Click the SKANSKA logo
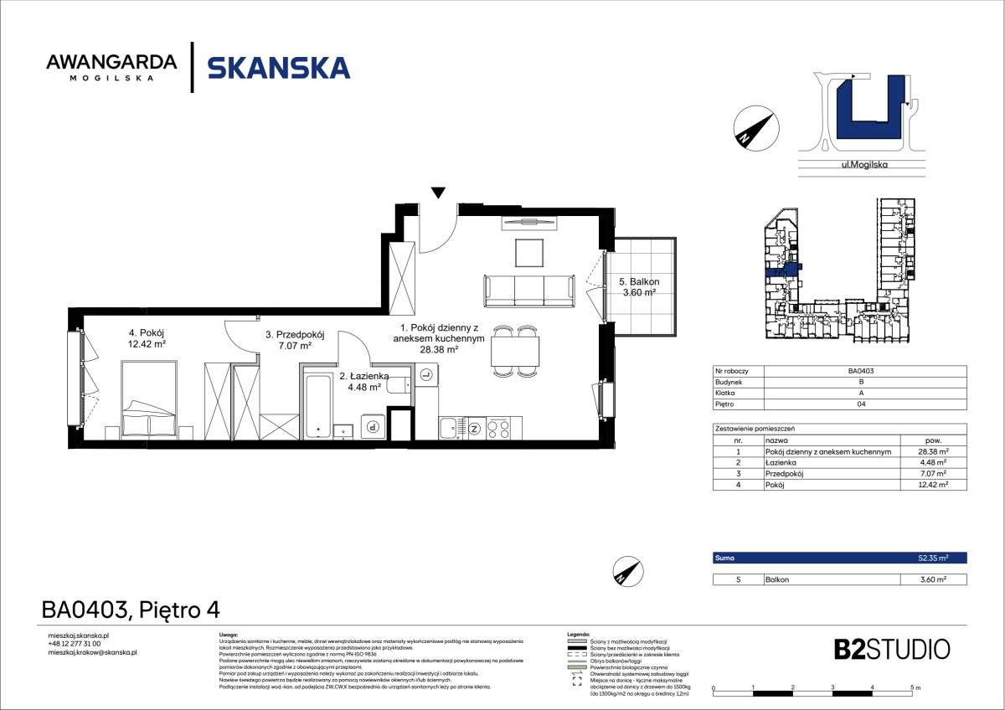click(278, 68)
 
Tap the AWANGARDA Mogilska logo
click(111, 67)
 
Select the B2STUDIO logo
click(892, 649)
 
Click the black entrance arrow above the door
click(437, 193)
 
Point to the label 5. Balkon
click(639, 287)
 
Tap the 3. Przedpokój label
click(288, 340)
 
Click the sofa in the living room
click(529, 289)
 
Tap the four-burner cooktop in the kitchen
click(500, 429)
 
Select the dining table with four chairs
click(515, 351)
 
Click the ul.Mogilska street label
click(863, 165)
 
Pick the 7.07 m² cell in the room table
click(935, 473)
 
